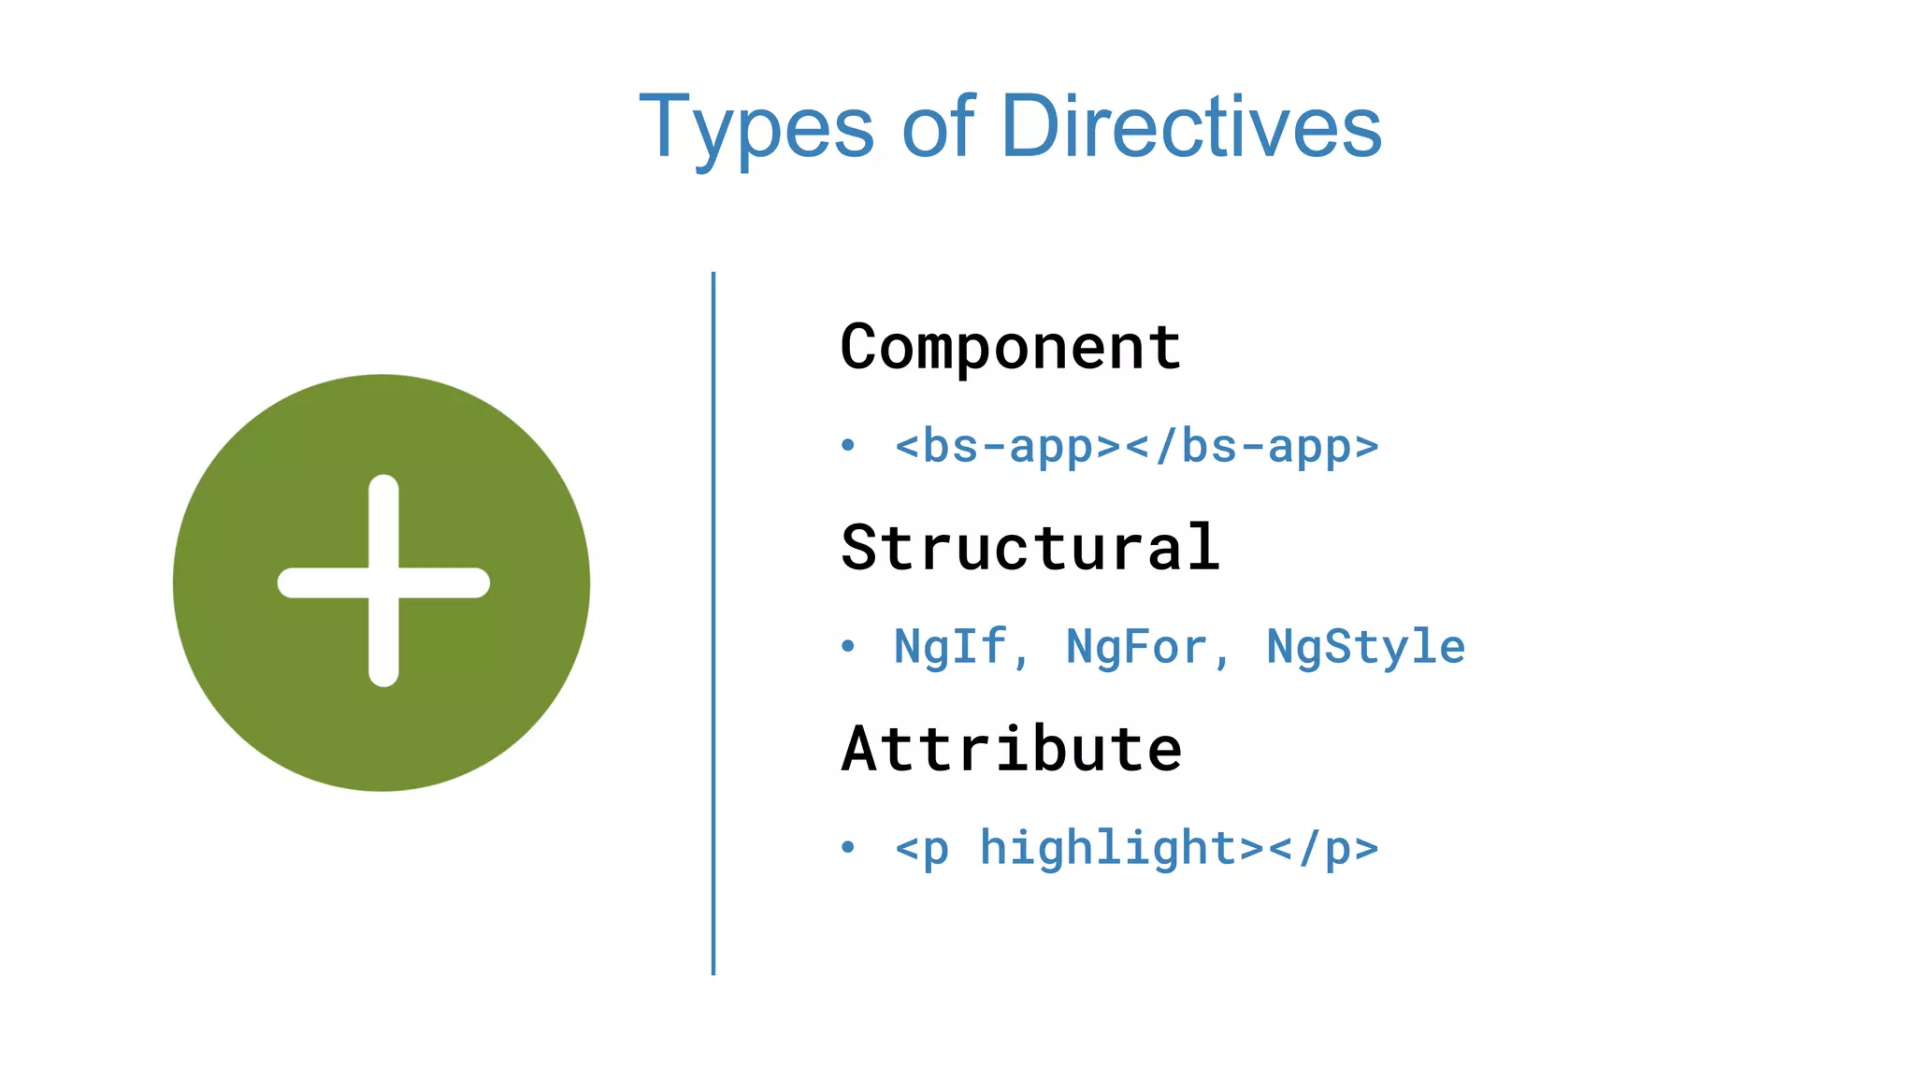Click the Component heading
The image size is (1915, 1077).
point(1011,348)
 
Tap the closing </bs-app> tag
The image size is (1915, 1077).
point(1252,446)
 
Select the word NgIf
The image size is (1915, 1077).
point(950,647)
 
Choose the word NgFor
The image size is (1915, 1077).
point(1136,647)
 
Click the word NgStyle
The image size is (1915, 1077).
point(1365,647)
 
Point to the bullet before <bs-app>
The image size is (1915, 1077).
point(848,445)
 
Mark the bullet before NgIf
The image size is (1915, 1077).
point(848,646)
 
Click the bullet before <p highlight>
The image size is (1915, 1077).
point(848,847)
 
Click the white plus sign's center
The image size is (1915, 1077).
point(383,582)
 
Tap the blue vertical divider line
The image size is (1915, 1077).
point(713,623)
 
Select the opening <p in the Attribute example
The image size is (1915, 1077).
point(922,849)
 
